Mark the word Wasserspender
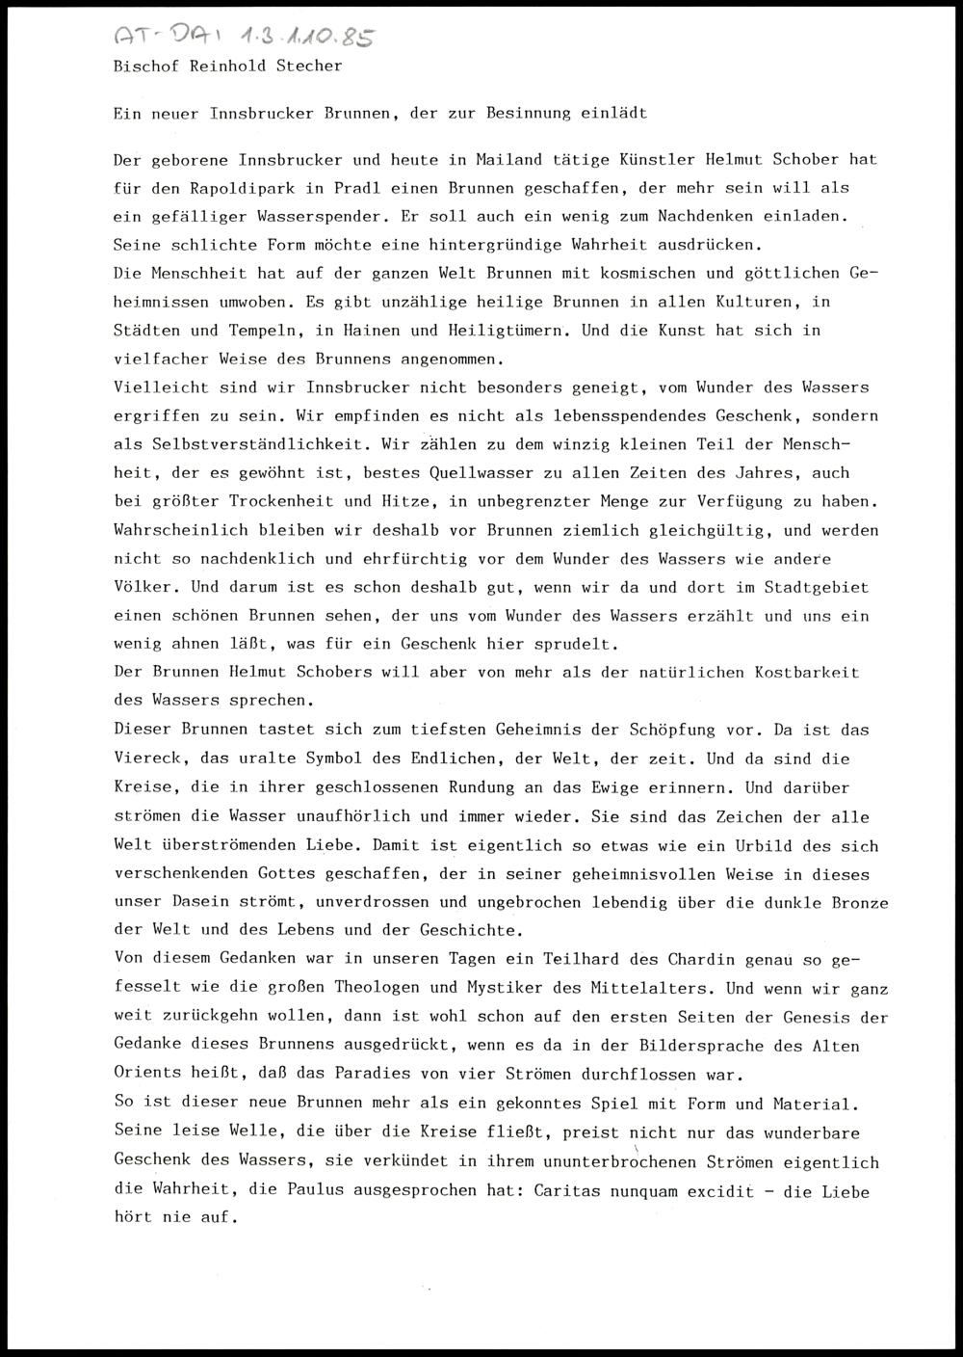point(312,216)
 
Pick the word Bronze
point(859,903)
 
